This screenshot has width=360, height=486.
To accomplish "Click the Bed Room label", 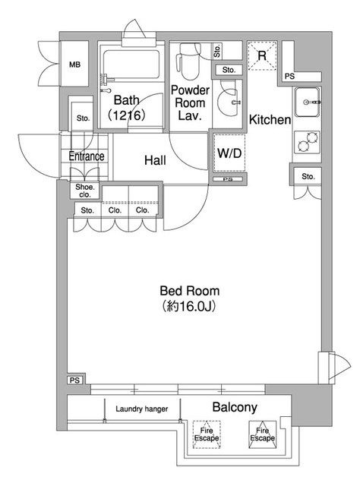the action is [189, 291].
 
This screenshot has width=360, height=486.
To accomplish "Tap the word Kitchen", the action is [270, 120].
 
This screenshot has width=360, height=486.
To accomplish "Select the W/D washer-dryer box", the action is [229, 153].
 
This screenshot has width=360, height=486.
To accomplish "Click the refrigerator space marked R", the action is [262, 55].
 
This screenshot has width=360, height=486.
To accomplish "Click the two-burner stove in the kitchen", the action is [308, 142].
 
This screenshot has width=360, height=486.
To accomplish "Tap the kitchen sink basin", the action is [307, 102].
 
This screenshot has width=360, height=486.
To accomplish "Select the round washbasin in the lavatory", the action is [229, 101].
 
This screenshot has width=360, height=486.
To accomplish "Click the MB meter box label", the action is [74, 65].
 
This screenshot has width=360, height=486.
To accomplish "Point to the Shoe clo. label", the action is [84, 191].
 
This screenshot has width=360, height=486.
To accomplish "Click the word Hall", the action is [155, 160].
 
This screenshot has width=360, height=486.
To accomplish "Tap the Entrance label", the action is [87, 156].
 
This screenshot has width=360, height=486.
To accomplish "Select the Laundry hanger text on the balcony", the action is [142, 409].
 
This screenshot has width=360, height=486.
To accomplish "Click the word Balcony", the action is [235, 408].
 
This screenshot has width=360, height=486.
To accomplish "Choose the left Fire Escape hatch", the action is [207, 434].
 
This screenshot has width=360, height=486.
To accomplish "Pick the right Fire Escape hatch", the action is [262, 434].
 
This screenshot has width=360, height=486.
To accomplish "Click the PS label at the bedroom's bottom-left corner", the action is [74, 380].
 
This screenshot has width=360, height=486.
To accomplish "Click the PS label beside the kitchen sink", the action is [289, 76].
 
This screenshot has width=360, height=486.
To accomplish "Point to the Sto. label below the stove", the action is [308, 177].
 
